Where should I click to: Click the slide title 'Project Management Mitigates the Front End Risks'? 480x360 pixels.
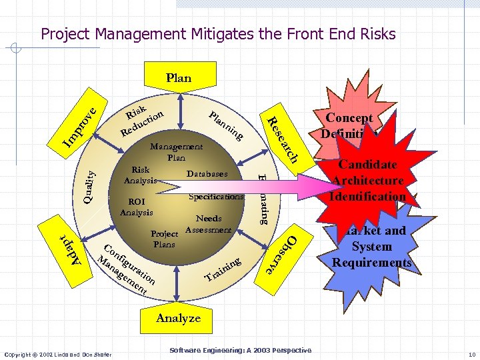pyautogui.click(x=218, y=34)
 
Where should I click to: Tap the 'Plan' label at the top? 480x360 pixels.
pyautogui.click(x=179, y=78)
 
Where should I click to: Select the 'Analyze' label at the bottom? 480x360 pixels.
pyautogui.click(x=178, y=318)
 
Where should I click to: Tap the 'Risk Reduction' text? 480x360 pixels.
pyautogui.click(x=142, y=119)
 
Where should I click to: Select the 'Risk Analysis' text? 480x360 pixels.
pyautogui.click(x=140, y=175)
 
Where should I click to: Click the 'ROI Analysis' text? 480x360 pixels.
pyautogui.click(x=137, y=207)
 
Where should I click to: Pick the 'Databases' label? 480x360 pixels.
pyautogui.click(x=207, y=174)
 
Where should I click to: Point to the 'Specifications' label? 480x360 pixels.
pyautogui.click(x=216, y=197)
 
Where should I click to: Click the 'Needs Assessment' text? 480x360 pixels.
pyautogui.click(x=208, y=224)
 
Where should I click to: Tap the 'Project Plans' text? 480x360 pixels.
pyautogui.click(x=164, y=239)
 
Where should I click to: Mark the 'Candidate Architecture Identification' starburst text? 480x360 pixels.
pyautogui.click(x=368, y=181)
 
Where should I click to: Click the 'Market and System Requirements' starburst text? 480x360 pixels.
pyautogui.click(x=372, y=247)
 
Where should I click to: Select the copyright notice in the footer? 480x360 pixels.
pyautogui.click(x=57, y=353)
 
